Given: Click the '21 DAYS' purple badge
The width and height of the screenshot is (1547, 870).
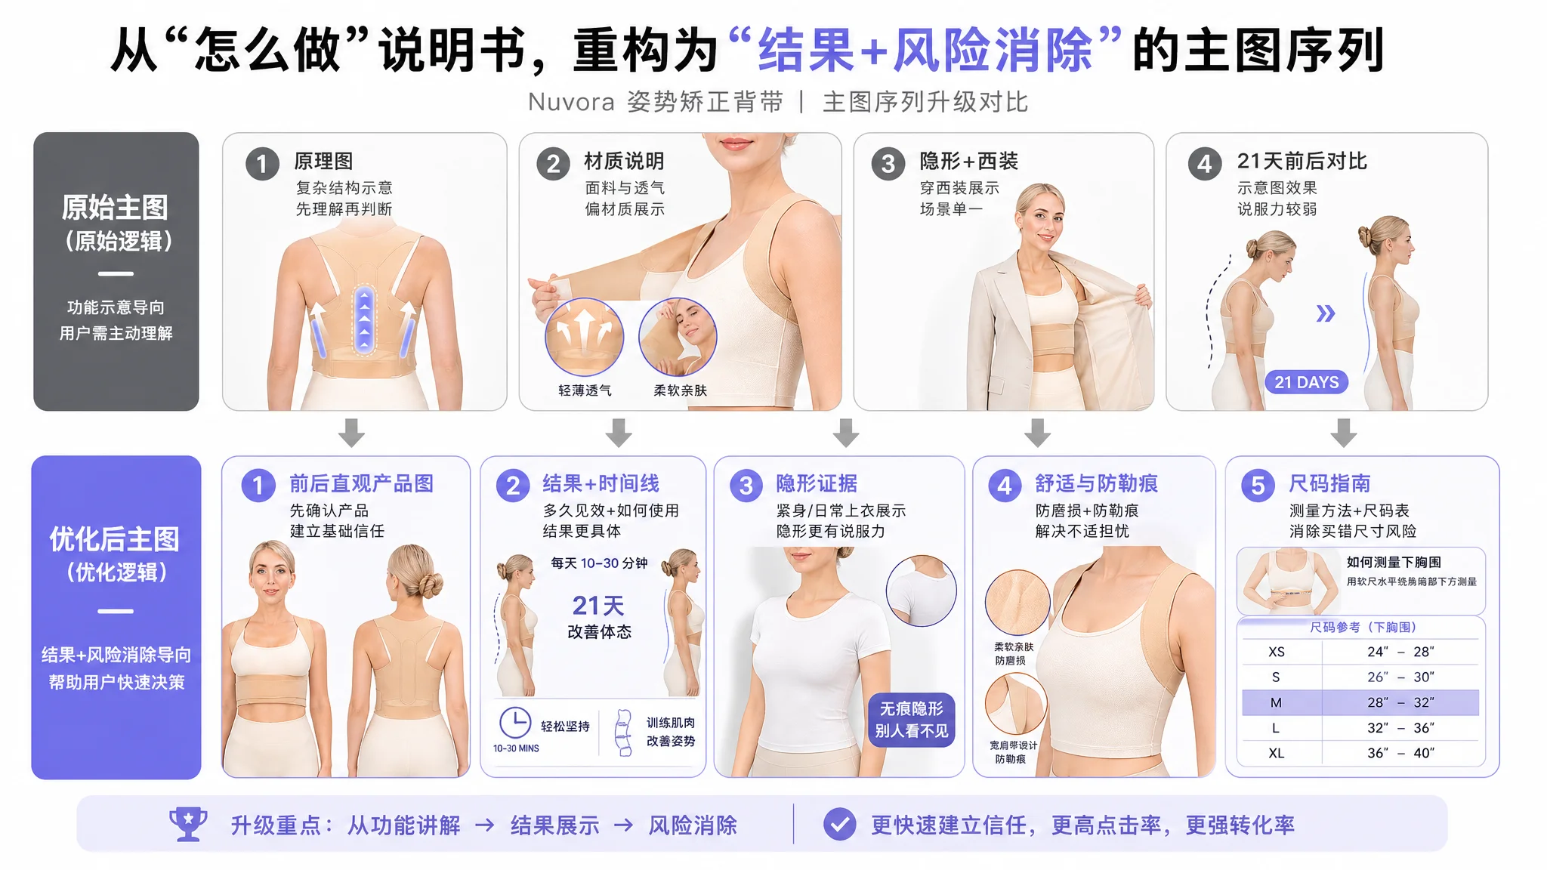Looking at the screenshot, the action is (1306, 382).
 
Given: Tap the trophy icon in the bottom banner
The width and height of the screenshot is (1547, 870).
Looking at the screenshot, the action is (188, 824).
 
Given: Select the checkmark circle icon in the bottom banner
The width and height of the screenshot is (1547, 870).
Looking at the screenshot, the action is (839, 825).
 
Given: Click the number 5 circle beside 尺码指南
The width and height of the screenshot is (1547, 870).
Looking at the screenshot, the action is (1258, 486).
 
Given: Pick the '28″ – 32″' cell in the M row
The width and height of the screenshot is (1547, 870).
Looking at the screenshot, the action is (1400, 702).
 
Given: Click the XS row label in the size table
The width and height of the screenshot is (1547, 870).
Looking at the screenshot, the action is (1277, 652).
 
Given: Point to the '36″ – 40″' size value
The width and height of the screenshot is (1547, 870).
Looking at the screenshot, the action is (1400, 753).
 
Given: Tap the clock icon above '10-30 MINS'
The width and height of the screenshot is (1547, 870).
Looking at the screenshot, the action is (514, 723).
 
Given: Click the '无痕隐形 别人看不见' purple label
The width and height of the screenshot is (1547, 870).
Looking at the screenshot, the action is (912, 720).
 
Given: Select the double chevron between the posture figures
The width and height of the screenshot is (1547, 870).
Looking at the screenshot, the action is (1326, 313).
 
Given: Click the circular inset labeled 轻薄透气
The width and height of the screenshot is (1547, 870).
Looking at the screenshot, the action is (584, 337).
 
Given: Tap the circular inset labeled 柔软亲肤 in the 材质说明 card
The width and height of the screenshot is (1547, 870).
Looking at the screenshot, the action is (678, 337).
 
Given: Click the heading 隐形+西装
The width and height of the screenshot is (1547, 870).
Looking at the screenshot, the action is (968, 161).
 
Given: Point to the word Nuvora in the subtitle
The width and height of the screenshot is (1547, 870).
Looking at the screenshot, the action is (571, 102).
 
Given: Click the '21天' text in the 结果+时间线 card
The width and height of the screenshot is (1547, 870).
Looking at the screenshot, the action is (598, 605).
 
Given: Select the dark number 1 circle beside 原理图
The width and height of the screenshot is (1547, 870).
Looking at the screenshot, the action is (262, 164).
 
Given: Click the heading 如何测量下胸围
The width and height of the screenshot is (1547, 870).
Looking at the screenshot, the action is (1394, 562).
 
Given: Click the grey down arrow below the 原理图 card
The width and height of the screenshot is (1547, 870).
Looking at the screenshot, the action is (351, 433).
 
